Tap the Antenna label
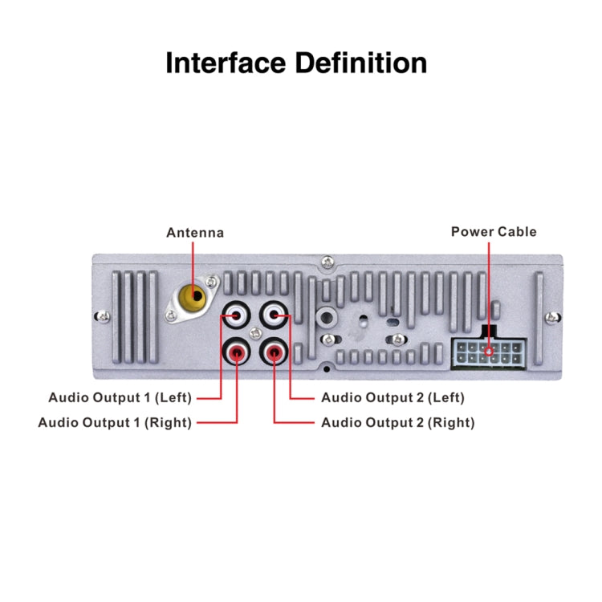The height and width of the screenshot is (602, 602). coord(195,233)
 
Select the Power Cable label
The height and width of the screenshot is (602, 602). coord(494,232)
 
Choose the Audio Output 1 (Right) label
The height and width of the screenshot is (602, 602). coord(116,423)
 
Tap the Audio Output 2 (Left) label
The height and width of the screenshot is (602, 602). coord(393,397)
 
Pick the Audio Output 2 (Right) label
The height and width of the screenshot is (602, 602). coord(397,423)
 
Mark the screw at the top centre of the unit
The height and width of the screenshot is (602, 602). coord(327,262)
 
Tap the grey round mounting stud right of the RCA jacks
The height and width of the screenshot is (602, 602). coord(326,315)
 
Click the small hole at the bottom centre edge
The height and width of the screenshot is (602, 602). coord(327,369)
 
